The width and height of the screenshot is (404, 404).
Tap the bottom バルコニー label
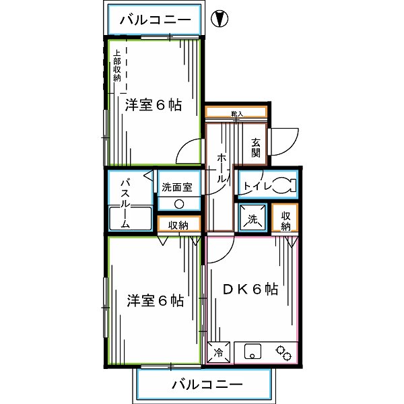(x=207, y=385)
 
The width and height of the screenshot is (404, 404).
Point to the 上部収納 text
(x=117, y=66)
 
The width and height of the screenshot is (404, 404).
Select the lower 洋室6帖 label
(x=155, y=300)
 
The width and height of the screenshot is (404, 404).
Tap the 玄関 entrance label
(x=256, y=147)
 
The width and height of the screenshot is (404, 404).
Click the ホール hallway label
(x=221, y=168)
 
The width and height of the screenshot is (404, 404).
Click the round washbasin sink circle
(x=179, y=205)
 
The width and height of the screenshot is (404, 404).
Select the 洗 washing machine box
(x=252, y=218)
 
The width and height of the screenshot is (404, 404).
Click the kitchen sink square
(x=253, y=351)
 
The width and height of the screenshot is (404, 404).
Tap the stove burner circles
(x=283, y=351)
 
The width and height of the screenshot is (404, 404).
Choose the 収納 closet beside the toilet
(x=285, y=220)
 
